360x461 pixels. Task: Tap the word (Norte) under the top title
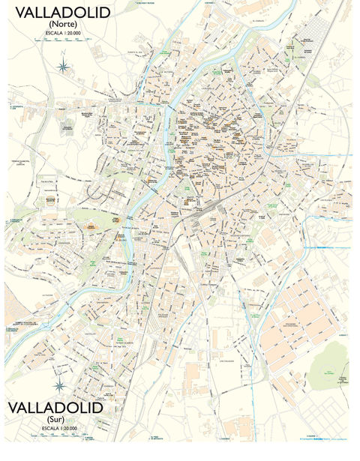[x=61, y=24]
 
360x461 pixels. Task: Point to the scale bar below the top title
[x=63, y=41]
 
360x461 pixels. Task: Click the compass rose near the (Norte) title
[x=64, y=67]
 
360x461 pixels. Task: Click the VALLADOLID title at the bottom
[x=55, y=408]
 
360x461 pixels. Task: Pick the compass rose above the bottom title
[x=59, y=386]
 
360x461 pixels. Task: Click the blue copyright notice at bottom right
[x=319, y=437]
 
